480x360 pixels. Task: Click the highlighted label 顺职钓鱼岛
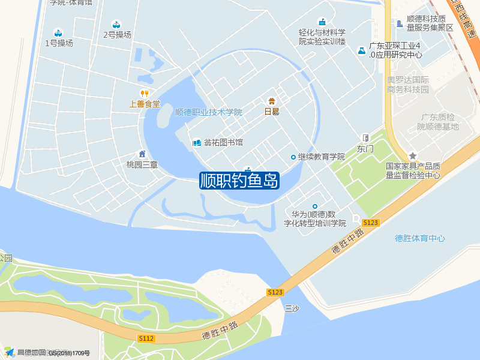click(x=239, y=181)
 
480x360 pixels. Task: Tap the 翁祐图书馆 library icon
click(x=196, y=143)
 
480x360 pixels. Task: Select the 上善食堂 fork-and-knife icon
click(x=144, y=93)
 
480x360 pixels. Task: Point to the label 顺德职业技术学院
click(x=208, y=112)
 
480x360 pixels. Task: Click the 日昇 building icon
click(x=272, y=100)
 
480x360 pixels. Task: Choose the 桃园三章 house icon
click(x=142, y=154)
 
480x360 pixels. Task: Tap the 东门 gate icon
click(x=365, y=137)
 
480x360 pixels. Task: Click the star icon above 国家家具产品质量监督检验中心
click(x=413, y=156)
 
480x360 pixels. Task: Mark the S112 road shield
click(x=146, y=339)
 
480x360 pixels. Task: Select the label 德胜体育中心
click(x=420, y=238)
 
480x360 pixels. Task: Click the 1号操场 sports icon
click(x=58, y=32)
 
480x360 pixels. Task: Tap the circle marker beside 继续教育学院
click(x=293, y=157)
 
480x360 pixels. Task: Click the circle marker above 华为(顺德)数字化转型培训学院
click(x=315, y=206)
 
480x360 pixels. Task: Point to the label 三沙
click(x=292, y=309)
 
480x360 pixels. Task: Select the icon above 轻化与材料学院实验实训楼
click(x=322, y=22)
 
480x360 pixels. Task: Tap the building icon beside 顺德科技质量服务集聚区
click(x=400, y=23)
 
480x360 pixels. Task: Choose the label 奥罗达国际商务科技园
click(x=408, y=85)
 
